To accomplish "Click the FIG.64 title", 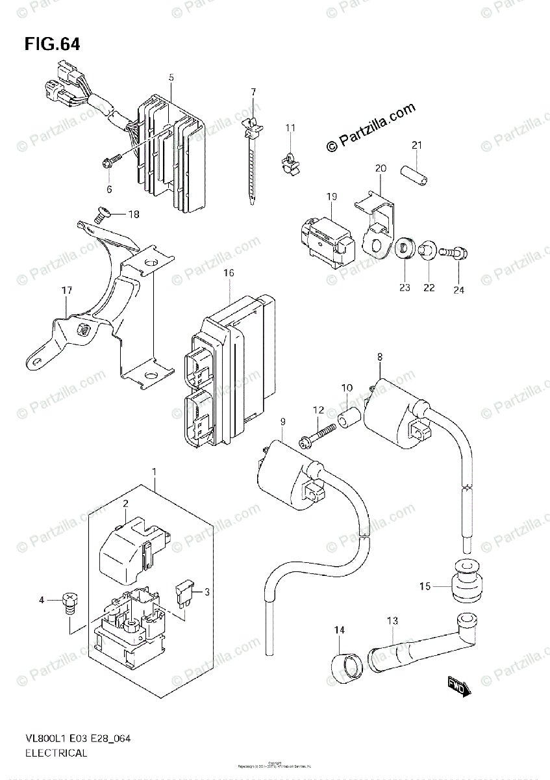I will (x=53, y=44).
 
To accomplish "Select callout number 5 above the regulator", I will (x=171, y=77).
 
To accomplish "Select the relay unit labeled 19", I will (x=324, y=238).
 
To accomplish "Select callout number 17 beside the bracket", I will (x=66, y=291).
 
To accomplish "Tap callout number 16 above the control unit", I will (x=229, y=273).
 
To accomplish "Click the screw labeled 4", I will (x=69, y=601).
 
